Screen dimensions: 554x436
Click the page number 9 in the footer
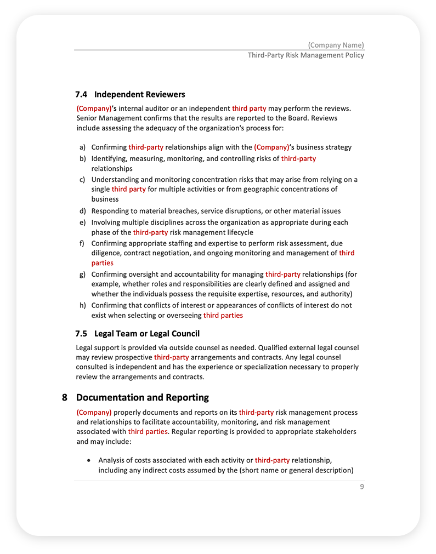point(362,487)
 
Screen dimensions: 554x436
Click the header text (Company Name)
point(336,45)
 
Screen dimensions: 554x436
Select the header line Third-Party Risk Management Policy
point(305,55)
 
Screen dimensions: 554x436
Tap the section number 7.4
point(82,94)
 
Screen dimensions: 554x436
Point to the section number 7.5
point(82,333)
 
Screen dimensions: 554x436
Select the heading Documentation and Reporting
point(142,397)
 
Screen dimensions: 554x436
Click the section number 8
point(65,397)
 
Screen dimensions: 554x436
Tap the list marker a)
point(82,147)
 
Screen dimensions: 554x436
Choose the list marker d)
point(82,211)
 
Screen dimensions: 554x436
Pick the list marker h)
point(82,305)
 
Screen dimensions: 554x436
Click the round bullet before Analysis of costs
point(89,460)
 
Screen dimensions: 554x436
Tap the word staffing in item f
point(175,243)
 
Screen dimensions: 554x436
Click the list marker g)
point(82,274)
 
